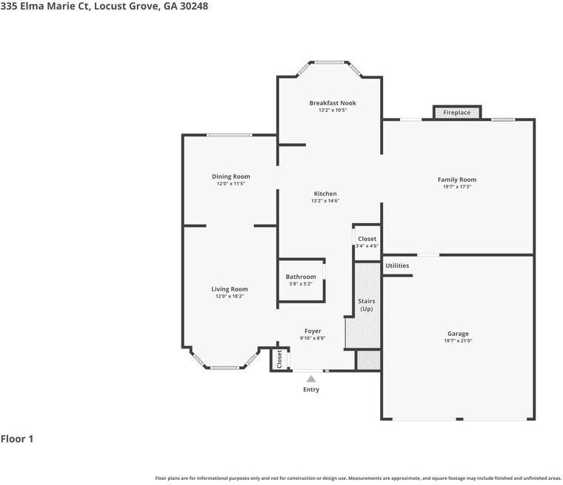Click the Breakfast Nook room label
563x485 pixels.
click(333, 103)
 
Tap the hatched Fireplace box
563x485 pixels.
click(457, 113)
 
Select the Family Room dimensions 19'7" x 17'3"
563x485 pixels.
click(457, 187)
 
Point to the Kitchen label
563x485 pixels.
click(325, 194)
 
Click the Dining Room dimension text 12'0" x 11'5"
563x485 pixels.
click(231, 183)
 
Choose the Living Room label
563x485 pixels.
click(230, 289)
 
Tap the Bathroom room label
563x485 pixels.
click(301, 277)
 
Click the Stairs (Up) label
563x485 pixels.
click(367, 305)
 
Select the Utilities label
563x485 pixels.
click(397, 265)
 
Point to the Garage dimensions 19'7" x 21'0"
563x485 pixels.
click(458, 341)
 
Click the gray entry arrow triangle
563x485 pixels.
click(311, 379)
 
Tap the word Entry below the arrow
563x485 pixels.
click(311, 389)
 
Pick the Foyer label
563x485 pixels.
click(313, 331)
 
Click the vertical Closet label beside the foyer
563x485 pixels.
click(279, 359)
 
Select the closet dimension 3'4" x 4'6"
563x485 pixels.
click(367, 246)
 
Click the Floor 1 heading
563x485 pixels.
click(17, 439)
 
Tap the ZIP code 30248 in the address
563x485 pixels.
click(194, 6)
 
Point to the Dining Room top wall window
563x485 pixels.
click(230, 135)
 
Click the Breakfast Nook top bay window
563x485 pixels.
click(330, 62)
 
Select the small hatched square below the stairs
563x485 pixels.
click(368, 360)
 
